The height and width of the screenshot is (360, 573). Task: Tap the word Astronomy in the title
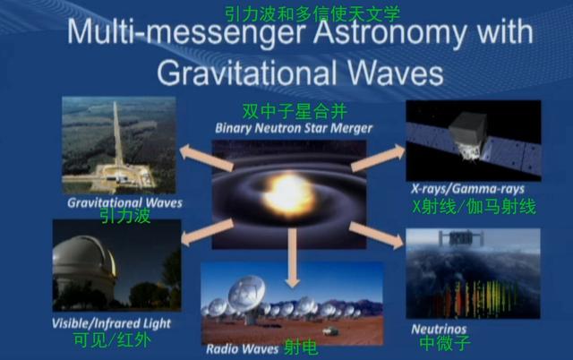(x=389, y=33)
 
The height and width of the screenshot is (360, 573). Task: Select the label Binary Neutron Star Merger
(x=294, y=128)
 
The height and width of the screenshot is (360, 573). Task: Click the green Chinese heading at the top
(x=312, y=14)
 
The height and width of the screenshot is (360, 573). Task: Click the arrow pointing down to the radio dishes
(x=293, y=258)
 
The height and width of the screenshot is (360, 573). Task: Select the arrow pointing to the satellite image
(x=378, y=158)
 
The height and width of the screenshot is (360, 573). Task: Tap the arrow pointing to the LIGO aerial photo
(x=206, y=157)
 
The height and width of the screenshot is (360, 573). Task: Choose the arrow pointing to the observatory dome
(x=207, y=232)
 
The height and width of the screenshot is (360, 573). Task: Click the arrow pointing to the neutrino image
(x=376, y=236)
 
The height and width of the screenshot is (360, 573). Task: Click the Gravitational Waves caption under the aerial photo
(x=124, y=203)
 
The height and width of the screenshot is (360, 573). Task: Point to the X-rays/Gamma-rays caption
(x=467, y=189)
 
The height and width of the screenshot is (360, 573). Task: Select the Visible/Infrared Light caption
(x=111, y=323)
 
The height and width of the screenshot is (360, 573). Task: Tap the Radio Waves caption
(x=243, y=349)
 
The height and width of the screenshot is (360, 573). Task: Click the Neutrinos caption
(x=439, y=330)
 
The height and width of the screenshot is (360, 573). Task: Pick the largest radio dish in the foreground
(x=248, y=295)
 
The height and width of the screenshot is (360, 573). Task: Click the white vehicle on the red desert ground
(x=330, y=331)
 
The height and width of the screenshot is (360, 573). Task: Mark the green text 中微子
(x=445, y=344)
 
